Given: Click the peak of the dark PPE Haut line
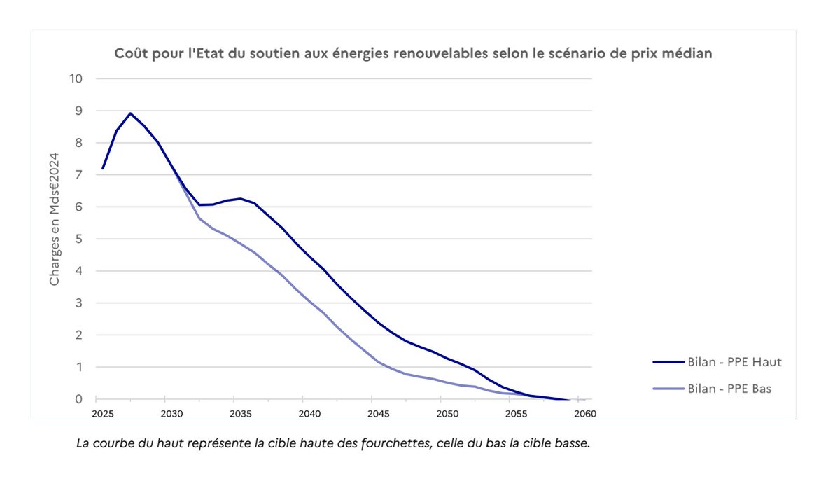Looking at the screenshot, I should [130, 113].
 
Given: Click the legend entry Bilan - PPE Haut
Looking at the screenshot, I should [734, 362].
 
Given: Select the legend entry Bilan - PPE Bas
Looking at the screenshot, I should [730, 388].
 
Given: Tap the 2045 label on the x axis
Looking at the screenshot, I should [377, 414].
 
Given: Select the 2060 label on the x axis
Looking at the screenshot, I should [585, 414].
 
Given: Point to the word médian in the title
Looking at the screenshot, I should [689, 54].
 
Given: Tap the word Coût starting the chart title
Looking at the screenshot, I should [131, 54].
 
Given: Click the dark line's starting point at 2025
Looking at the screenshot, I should [103, 168].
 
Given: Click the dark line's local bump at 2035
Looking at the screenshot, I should [241, 198].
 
